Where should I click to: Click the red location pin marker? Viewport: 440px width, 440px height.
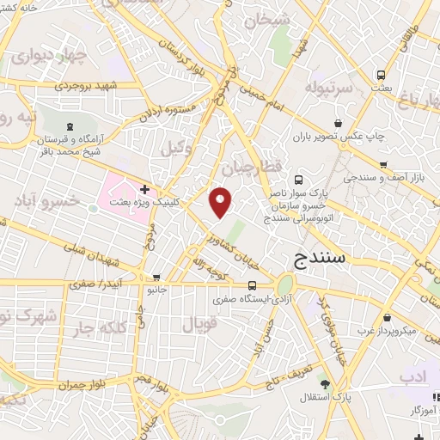tap(221, 201)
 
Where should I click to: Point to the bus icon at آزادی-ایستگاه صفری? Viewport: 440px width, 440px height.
tap(252, 286)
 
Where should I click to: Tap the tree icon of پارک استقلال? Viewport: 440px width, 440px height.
tap(324, 383)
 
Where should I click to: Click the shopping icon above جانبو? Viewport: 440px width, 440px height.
tap(156, 277)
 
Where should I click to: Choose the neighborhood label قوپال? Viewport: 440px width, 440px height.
tap(200, 324)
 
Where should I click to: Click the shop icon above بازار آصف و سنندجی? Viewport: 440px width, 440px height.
tap(383, 165)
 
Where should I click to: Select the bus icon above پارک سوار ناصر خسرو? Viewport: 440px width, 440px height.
tap(298, 180)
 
